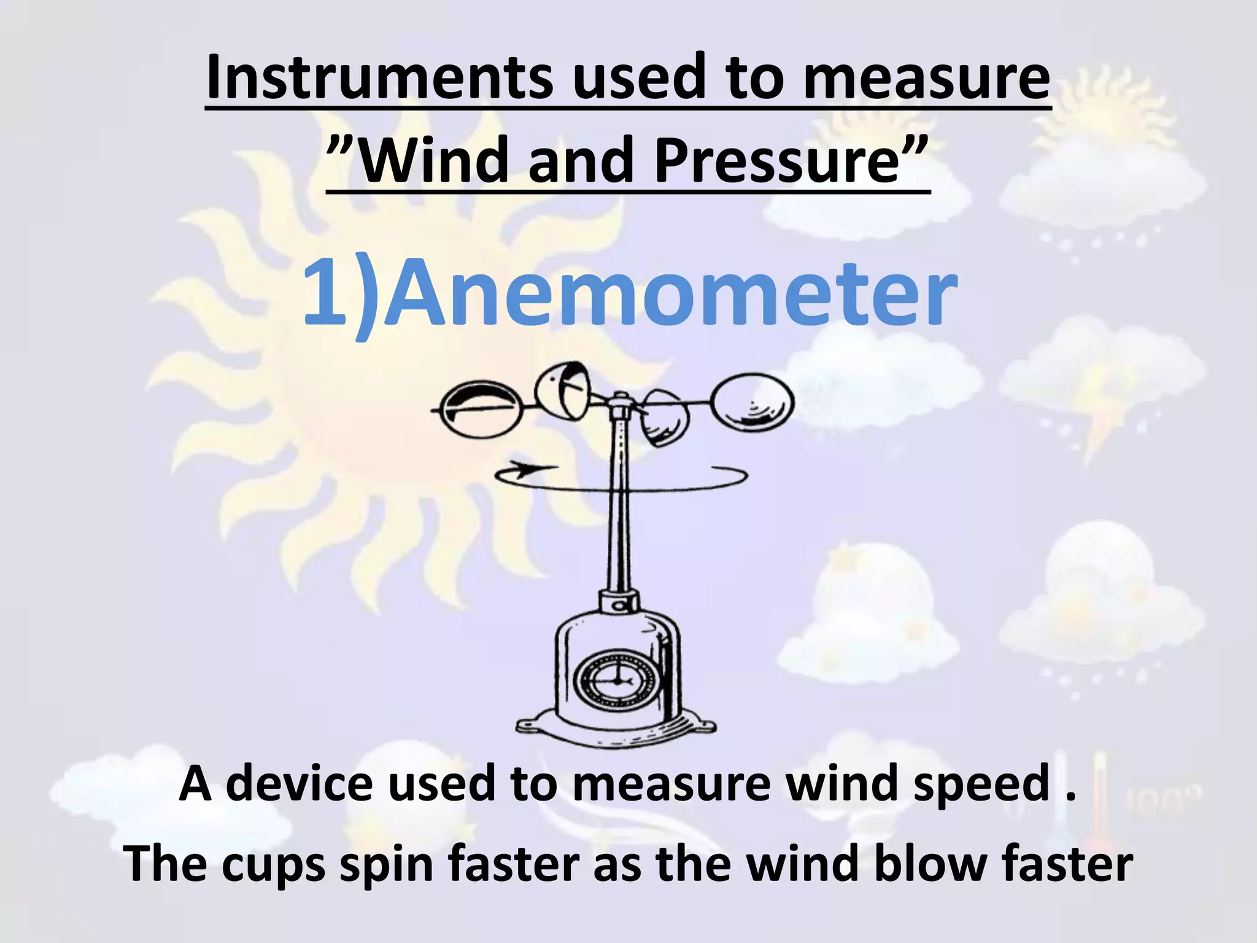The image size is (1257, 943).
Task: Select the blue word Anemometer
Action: point(673,293)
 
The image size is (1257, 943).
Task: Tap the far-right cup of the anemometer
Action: point(752,403)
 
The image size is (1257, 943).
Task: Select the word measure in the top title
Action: point(927,79)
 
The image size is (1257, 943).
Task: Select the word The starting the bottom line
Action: point(165,864)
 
